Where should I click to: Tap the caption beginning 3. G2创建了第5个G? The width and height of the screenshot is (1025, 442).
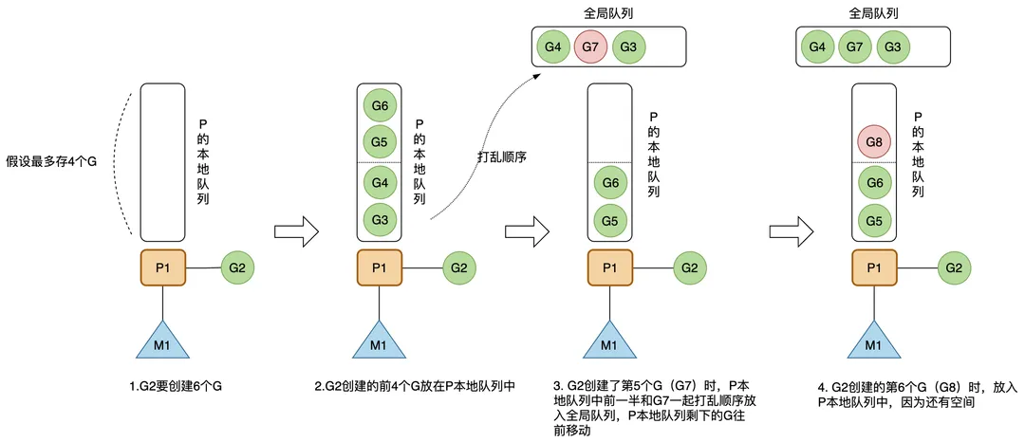652,408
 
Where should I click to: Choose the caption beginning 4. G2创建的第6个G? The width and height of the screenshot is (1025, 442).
916,395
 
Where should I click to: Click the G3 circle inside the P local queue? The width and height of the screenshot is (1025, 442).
380,220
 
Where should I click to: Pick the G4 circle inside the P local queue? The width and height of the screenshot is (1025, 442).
380,181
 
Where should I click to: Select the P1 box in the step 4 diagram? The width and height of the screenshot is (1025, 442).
875,268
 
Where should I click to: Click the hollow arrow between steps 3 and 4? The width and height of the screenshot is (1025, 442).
792,230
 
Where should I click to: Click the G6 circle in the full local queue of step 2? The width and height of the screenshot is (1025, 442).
380,105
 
